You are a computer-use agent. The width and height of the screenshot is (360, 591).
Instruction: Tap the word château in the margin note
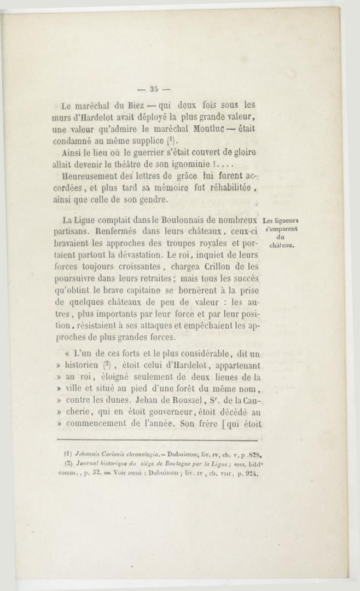pyautogui.click(x=282, y=245)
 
